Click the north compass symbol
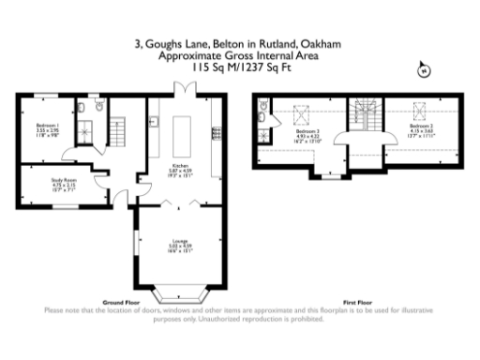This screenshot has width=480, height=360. pyautogui.click(x=423, y=70)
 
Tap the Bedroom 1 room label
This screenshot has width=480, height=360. pyautogui.click(x=47, y=129)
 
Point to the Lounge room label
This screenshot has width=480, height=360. pyautogui.click(x=178, y=247)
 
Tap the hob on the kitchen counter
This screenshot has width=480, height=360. pyautogui.click(x=217, y=131)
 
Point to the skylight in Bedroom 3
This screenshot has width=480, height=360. pyautogui.click(x=303, y=114)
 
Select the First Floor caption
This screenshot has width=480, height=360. pyautogui.click(x=358, y=303)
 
